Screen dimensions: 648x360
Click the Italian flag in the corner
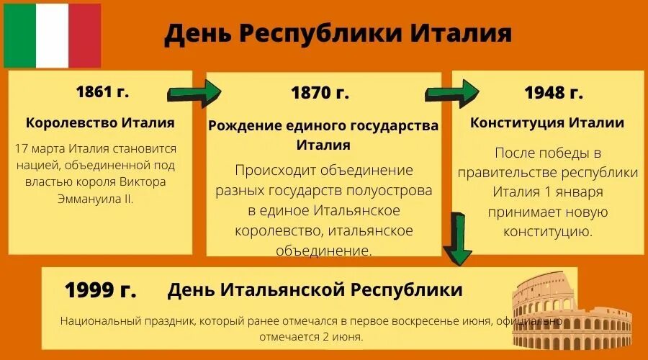tap(52, 35)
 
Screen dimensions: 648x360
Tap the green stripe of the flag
tap(19, 35)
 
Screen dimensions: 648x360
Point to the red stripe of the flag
tap(85, 35)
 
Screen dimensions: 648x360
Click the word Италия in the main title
tap(462, 34)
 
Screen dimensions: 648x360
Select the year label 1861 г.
tap(102, 91)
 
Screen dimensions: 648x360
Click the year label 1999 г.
tap(100, 290)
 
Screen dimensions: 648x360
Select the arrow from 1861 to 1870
tap(194, 92)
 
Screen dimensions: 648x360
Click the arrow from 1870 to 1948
tap(451, 93)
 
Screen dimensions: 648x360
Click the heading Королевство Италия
tap(100, 122)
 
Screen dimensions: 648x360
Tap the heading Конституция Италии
tap(547, 122)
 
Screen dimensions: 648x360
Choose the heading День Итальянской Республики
tap(315, 290)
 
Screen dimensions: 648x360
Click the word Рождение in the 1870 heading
tap(240, 126)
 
